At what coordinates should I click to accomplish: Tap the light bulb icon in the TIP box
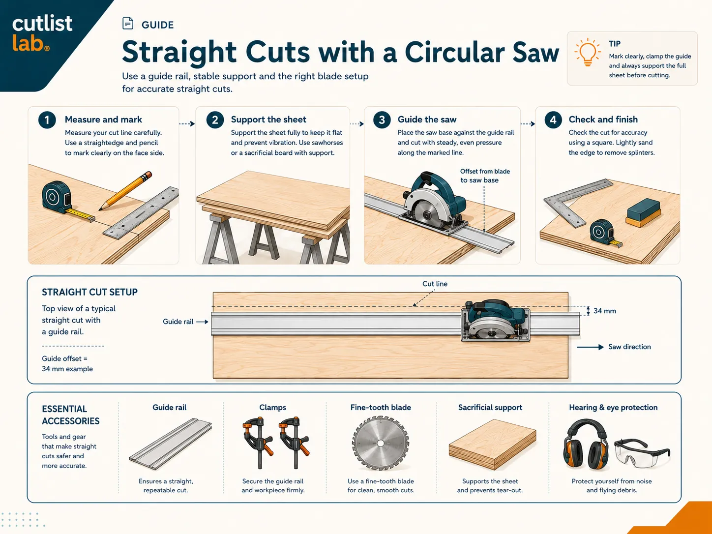tap(588, 53)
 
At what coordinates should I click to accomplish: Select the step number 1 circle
tap(47, 120)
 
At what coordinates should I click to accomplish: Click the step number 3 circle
tap(382, 120)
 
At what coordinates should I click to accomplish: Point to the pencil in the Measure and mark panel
tap(125, 191)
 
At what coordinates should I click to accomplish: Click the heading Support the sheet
tap(268, 119)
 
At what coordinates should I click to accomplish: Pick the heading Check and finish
tap(603, 119)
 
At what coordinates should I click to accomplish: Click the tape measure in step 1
tap(65, 201)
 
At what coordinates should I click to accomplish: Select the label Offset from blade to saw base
tap(485, 176)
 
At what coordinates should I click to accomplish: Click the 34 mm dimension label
tap(605, 311)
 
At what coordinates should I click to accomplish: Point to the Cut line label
tap(435, 284)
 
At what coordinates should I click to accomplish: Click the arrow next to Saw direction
tap(590, 347)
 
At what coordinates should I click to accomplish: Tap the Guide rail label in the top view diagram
tap(178, 322)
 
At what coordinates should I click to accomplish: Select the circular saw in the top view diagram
tap(495, 321)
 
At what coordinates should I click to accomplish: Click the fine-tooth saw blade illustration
tap(381, 443)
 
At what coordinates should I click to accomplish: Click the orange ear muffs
tap(586, 443)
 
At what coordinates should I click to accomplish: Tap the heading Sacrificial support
tap(490, 408)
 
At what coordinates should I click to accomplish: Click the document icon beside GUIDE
tap(128, 23)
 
